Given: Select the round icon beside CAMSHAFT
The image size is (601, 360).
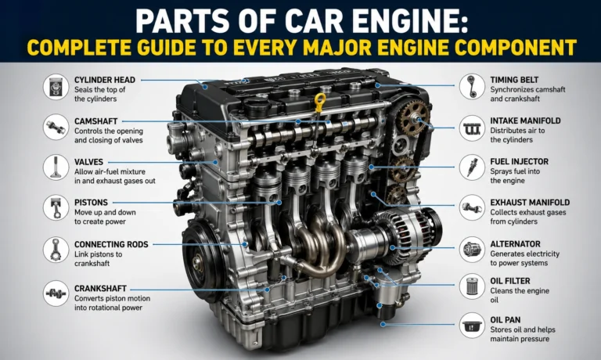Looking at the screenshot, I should point(56,126).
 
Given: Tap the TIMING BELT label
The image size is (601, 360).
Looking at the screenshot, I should point(514,79).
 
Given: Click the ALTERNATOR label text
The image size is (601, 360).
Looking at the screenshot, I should point(515,243).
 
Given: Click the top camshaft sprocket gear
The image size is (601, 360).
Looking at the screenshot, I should point(413,118).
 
